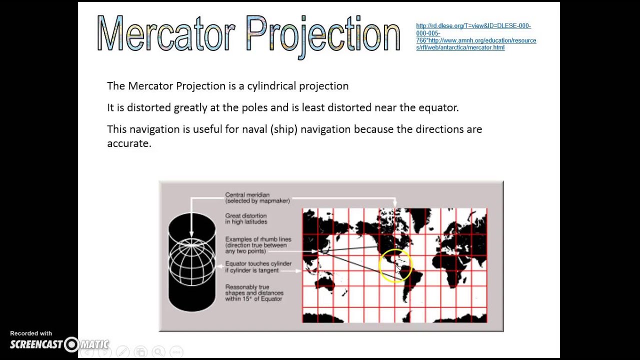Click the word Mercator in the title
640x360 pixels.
(165, 34)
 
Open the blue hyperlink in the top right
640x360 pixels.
(475, 36)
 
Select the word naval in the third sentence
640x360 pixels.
(254, 129)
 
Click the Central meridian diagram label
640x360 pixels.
(257, 197)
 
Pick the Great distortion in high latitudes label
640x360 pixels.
(246, 218)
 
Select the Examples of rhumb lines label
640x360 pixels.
(258, 245)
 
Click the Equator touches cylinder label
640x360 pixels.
(258, 267)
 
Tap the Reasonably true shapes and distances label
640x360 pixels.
(254, 293)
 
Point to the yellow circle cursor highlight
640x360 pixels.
(395, 266)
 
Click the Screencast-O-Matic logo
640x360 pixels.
(59, 344)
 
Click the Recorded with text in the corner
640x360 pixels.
(31, 333)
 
